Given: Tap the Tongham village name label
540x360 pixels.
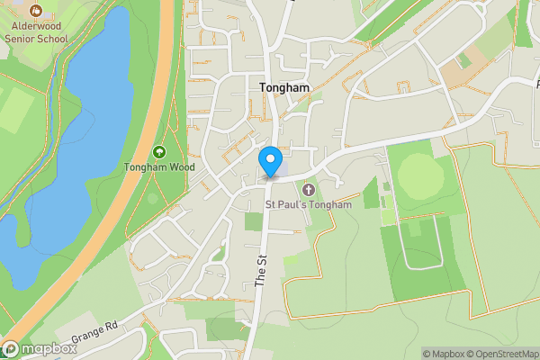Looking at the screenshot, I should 283,88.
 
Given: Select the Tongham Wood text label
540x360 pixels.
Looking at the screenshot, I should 159,167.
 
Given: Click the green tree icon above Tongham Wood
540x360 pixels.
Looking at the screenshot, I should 160,152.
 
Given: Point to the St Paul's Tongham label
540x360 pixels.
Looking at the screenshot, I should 308,204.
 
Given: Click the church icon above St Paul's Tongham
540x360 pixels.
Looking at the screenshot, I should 309,189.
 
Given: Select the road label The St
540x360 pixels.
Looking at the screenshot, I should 261,271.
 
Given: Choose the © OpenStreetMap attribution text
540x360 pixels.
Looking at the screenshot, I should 504,354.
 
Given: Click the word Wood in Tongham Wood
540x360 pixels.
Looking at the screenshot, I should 182,167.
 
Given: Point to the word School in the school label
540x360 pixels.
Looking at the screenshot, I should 50,40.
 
